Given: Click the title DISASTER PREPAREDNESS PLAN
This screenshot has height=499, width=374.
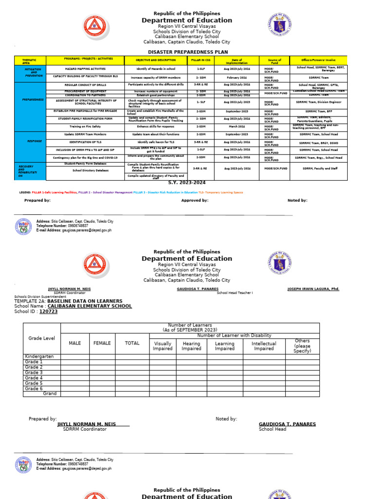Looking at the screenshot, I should point(187,52).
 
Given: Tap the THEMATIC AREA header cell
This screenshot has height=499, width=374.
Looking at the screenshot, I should point(29,61).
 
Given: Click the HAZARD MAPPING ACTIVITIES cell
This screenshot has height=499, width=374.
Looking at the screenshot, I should point(85,69).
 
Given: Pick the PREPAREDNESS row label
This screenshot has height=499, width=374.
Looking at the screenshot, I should point(33,99).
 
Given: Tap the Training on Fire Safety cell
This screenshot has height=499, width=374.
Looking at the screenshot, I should point(85,126).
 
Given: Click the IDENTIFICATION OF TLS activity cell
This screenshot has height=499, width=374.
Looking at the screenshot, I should point(85,142).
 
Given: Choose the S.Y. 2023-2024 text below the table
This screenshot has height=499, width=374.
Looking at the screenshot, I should point(187,183).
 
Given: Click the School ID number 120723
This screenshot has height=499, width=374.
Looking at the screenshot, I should point(48,311).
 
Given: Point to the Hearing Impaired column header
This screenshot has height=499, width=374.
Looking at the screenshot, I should point(191,346).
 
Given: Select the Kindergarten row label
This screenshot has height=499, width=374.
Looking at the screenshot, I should point(39,357).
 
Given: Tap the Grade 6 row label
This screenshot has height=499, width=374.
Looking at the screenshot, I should point(34,389).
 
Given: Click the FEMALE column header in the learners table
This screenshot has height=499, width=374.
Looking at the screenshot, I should point(102,343).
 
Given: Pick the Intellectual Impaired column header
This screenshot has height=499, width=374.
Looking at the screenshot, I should point(263,346).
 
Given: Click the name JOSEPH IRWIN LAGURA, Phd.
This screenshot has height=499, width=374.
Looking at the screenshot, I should point(313,289).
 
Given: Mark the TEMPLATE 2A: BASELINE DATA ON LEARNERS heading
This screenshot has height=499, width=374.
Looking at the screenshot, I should point(68,301).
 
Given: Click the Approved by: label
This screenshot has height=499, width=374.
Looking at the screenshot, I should point(195,200).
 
